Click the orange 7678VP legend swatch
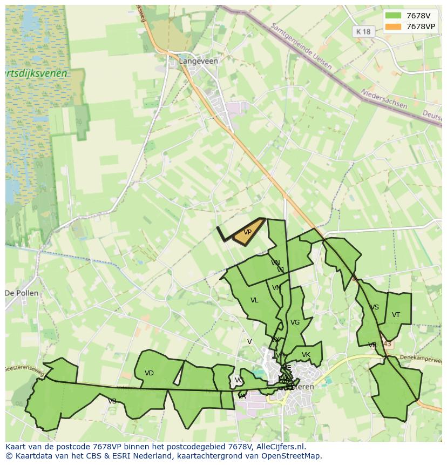394,26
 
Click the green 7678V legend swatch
394,15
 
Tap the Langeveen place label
199,61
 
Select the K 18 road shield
364,31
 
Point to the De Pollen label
22,293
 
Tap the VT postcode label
396,315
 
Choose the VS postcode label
374,307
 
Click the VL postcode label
254,300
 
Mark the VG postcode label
295,322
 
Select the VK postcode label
306,355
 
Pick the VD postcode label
150,373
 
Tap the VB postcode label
112,401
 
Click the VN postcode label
275,263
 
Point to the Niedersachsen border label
384,99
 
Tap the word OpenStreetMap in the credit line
292,456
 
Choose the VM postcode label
277,288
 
